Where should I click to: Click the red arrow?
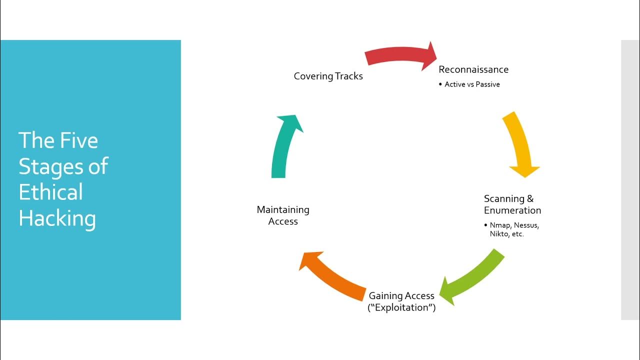(x=400, y=55)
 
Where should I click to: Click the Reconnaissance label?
(x=473, y=69)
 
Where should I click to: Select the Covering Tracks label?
(x=328, y=76)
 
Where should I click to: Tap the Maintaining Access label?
(x=283, y=215)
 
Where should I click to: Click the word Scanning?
(x=504, y=199)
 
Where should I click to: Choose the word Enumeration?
(x=512, y=210)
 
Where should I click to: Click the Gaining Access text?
(x=401, y=296)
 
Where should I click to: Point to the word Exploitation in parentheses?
(x=401, y=307)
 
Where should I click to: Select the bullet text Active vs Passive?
(x=472, y=84)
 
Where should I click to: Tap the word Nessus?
(x=526, y=225)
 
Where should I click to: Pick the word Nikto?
(x=499, y=234)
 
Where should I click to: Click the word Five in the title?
(x=78, y=140)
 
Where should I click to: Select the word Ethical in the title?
(x=50, y=192)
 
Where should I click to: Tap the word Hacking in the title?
(x=57, y=218)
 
